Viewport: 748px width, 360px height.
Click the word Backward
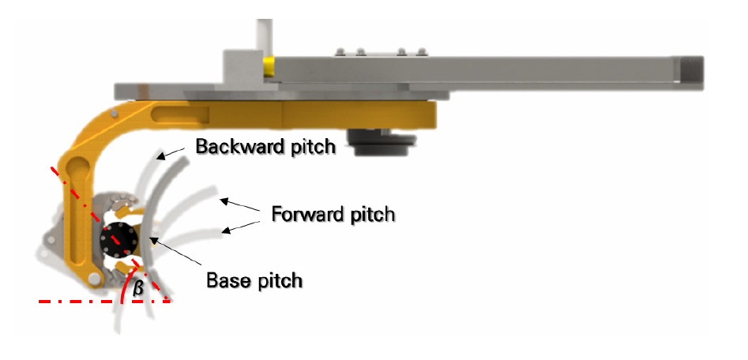pyautogui.click(x=230, y=148)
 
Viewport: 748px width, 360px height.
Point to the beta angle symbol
pyautogui.click(x=138, y=289)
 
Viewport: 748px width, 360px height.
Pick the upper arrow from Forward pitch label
pyautogui.click(x=240, y=204)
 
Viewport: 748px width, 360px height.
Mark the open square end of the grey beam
pyautogui.click(x=690, y=69)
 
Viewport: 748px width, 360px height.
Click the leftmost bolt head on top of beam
pyautogui.click(x=340, y=52)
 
